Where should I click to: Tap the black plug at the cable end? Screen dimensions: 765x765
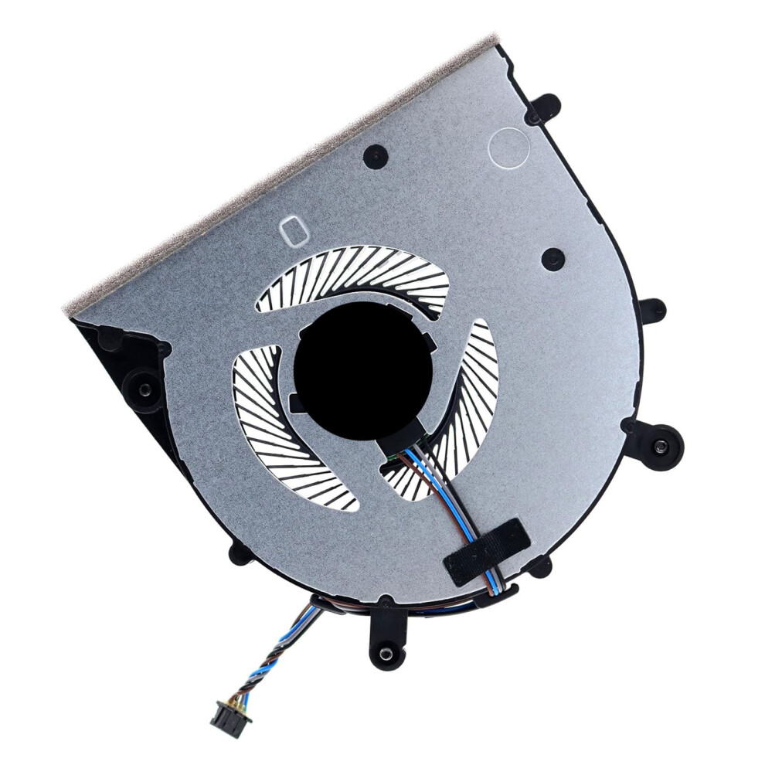[x=229, y=722]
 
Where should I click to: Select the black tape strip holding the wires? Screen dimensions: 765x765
[x=486, y=551]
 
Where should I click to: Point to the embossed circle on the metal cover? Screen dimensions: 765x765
[x=508, y=148]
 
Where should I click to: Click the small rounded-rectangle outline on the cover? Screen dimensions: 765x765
[x=294, y=230]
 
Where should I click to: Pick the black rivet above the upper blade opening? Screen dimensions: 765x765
[x=376, y=155]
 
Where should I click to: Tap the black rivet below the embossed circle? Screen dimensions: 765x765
[x=552, y=259]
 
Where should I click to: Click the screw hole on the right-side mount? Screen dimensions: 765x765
[x=660, y=446]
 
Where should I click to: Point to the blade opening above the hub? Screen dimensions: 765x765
[x=355, y=278]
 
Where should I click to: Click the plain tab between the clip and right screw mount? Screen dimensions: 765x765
[x=651, y=311]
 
